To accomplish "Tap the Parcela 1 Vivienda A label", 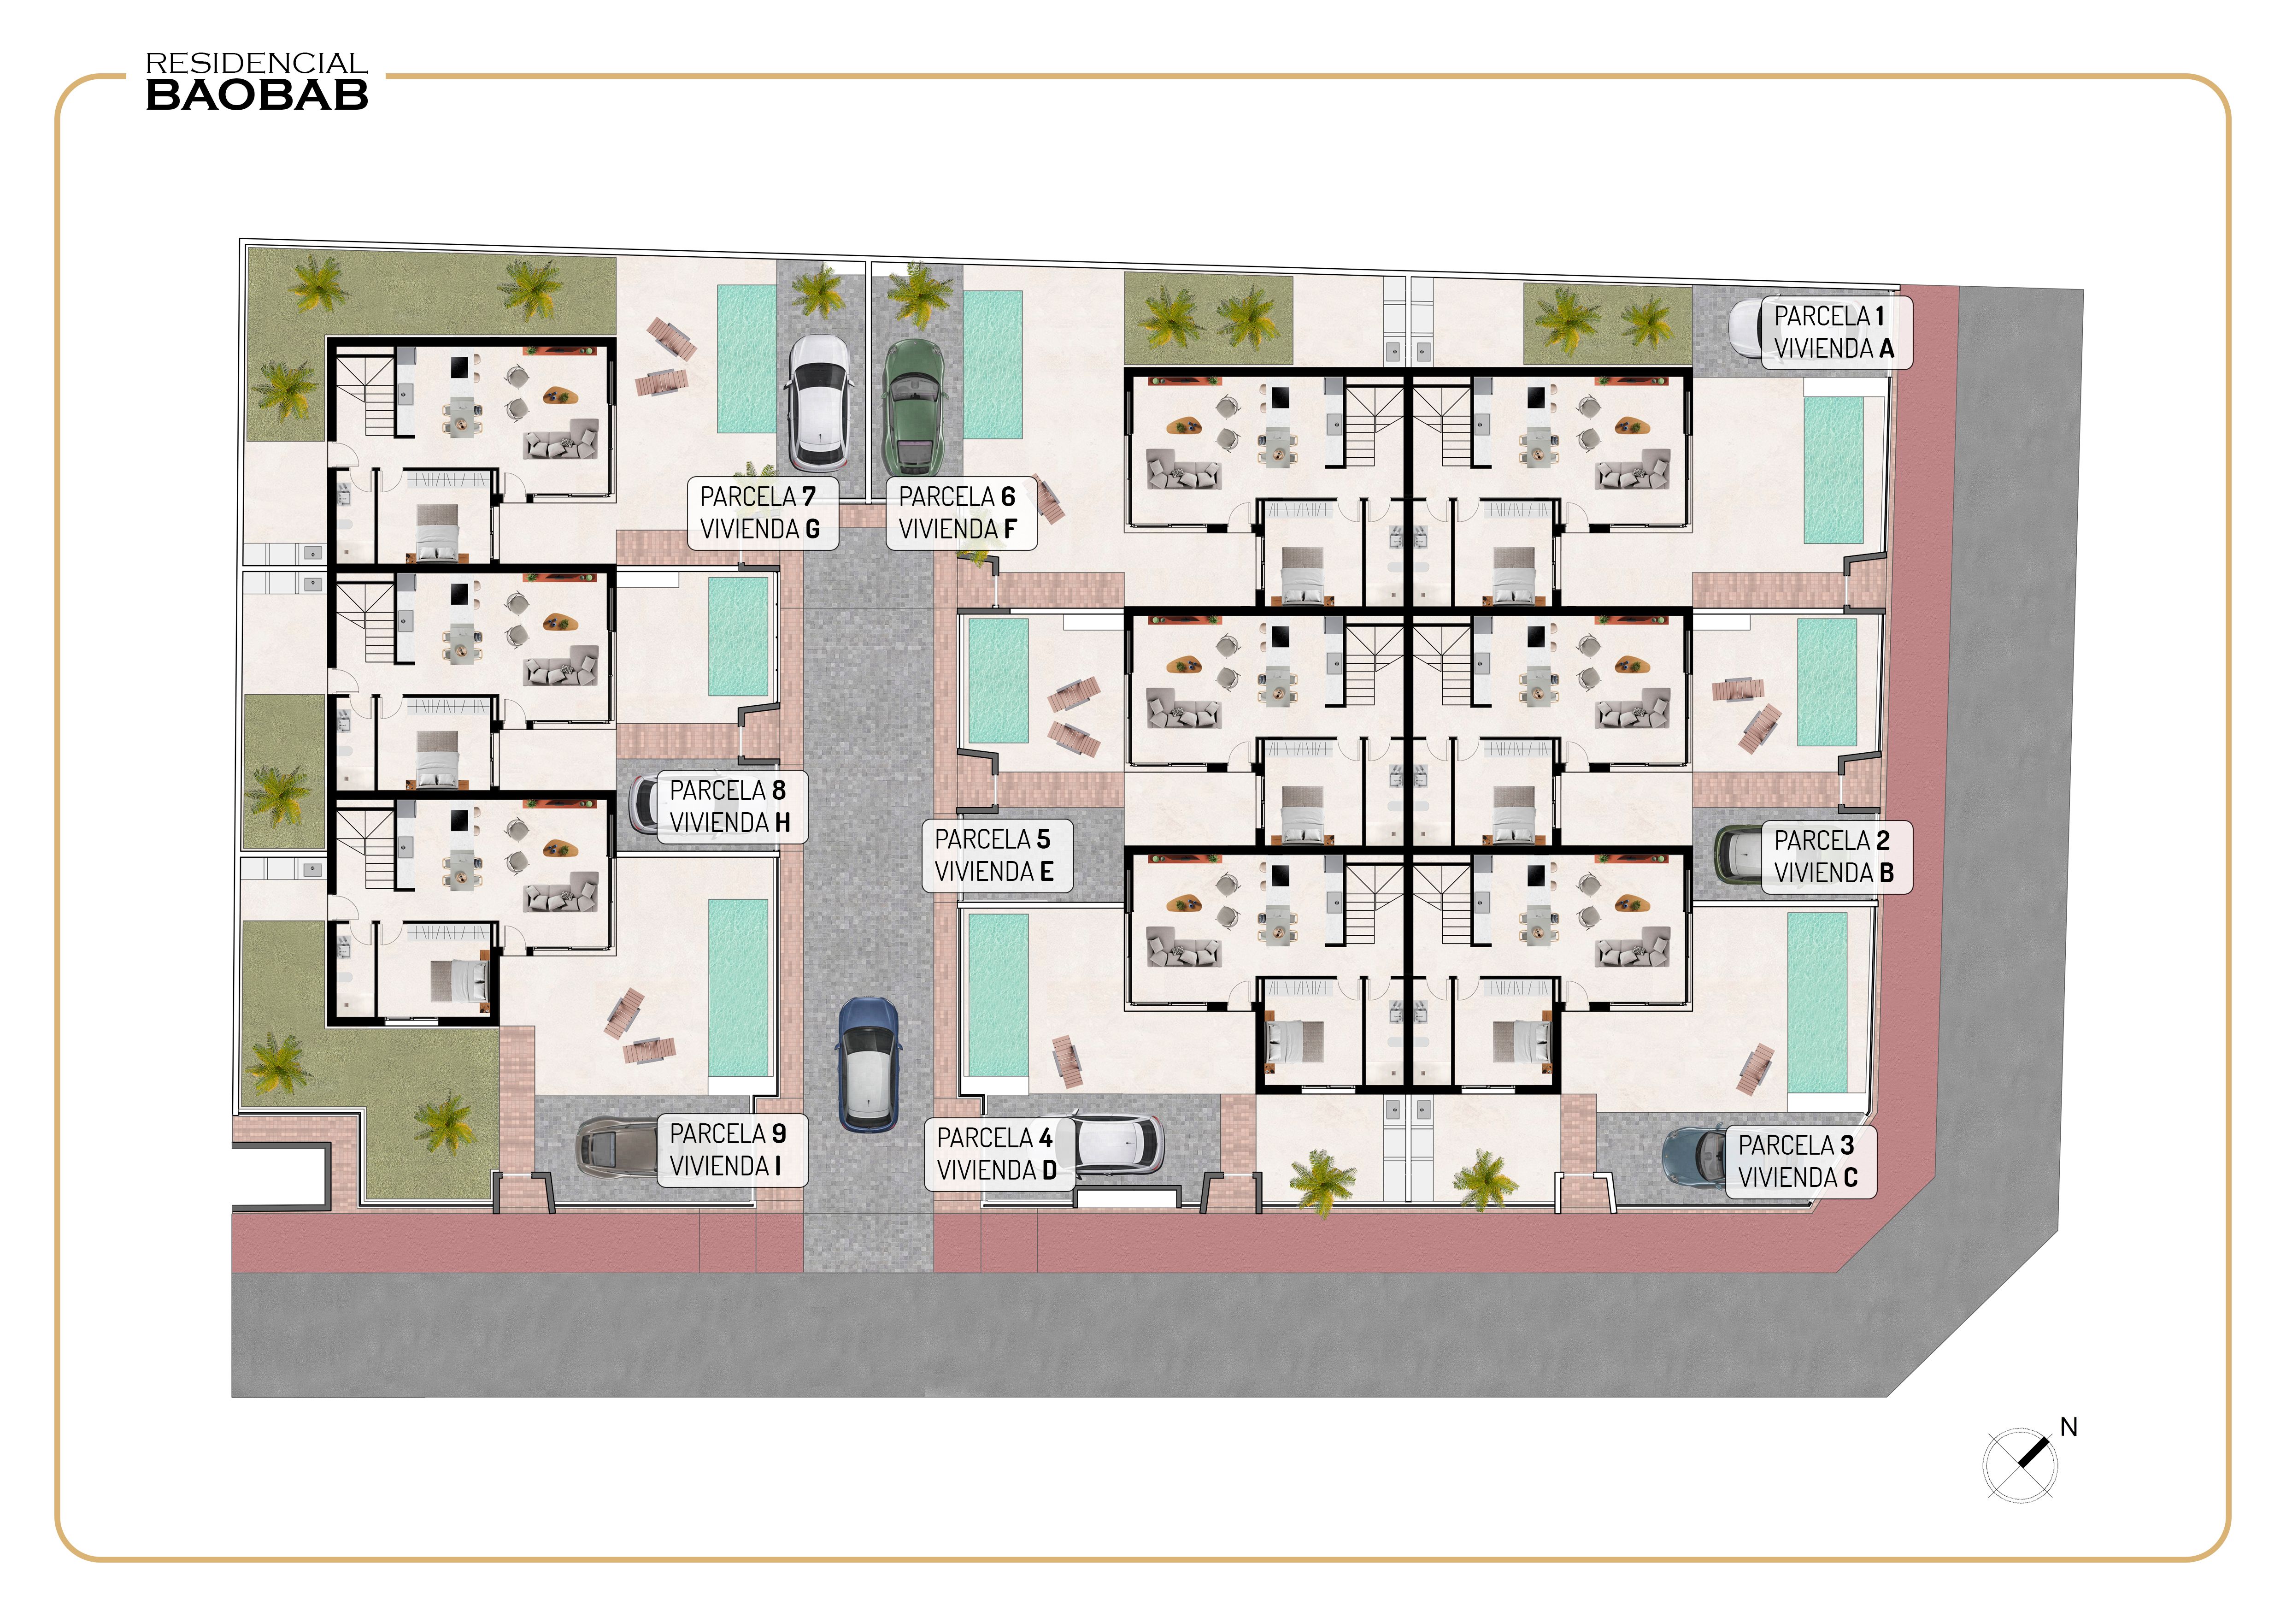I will click(x=1835, y=332).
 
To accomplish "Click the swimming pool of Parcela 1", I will click(x=1833, y=470).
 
